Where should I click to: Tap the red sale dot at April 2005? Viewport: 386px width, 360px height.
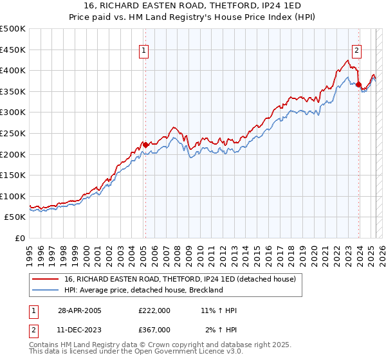click(x=145, y=145)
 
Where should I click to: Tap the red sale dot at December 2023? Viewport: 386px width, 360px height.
click(x=358, y=84)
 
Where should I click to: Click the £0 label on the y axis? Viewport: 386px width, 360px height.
click(x=19, y=238)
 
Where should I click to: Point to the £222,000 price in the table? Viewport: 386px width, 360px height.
click(x=154, y=310)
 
